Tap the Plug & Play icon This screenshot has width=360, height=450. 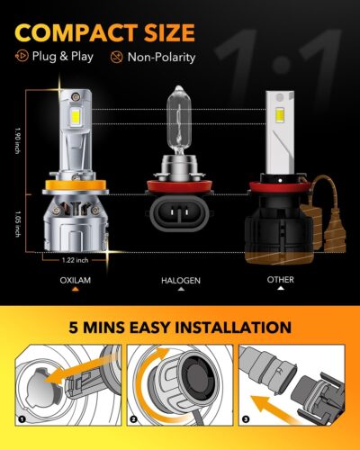click(x=20, y=58)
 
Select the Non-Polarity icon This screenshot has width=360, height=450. click(x=115, y=58)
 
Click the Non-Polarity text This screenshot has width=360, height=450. click(x=161, y=58)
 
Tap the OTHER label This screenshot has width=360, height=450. click(x=280, y=281)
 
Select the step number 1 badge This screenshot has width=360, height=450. click(x=19, y=420)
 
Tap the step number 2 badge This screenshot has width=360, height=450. click(x=134, y=420)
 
